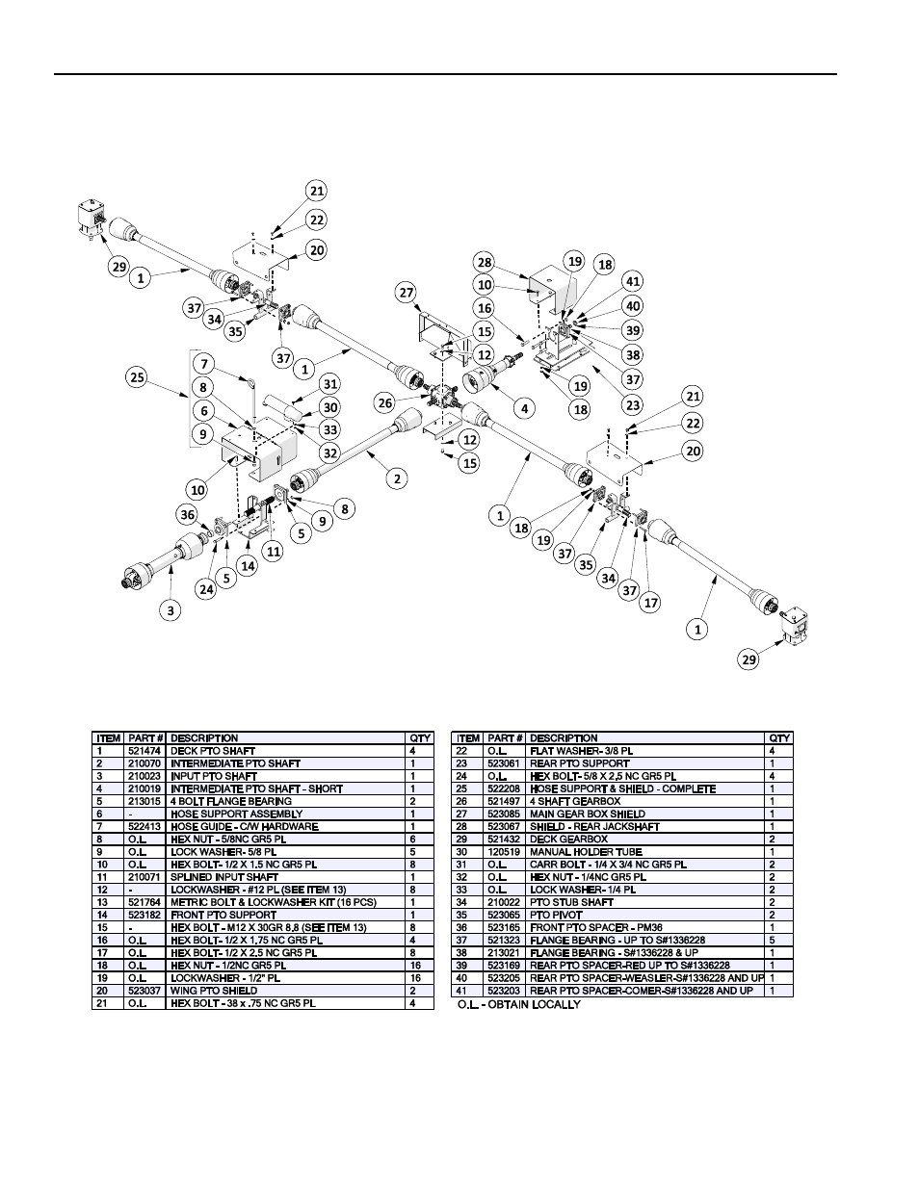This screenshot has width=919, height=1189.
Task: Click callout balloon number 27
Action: coord(407,293)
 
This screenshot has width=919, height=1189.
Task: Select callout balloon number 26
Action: coord(385,403)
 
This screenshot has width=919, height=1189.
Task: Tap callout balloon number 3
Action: coord(171,610)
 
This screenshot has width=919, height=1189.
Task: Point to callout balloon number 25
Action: coord(137,377)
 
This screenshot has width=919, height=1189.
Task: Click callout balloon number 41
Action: coord(633,281)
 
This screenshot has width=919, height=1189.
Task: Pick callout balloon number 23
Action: coord(633,405)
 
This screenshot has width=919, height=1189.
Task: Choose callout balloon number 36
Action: coord(188,514)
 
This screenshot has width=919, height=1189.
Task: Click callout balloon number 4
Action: coord(524,408)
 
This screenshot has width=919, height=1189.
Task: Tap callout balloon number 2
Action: coord(397,478)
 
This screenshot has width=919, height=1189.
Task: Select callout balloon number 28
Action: coord(485,262)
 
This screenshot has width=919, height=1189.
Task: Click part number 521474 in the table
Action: coord(144,751)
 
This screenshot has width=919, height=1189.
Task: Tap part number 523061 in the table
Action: coord(504,763)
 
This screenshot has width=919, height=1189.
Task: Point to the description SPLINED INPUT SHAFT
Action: coord(224,876)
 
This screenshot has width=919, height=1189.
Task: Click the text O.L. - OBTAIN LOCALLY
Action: coord(519,1004)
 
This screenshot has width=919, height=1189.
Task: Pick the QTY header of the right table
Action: coord(779,738)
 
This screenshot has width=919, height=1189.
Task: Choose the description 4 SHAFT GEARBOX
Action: coord(575,801)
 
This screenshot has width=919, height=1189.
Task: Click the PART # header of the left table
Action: coord(145,738)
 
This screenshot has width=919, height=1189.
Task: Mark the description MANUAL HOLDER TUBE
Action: coord(586,851)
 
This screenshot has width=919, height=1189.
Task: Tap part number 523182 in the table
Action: coord(144,915)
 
